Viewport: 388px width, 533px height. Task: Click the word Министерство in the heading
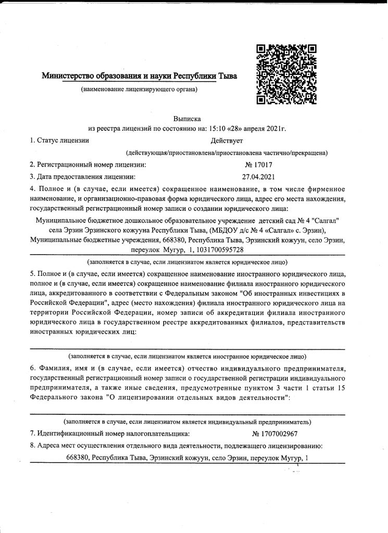coord(66,76)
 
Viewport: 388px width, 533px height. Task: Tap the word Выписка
coord(187,119)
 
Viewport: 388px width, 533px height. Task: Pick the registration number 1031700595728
coord(226,249)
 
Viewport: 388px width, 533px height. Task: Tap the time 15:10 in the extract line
coord(218,128)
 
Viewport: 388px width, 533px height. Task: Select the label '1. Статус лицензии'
coord(59,141)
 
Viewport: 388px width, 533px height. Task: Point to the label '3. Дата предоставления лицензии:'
coord(83,176)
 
